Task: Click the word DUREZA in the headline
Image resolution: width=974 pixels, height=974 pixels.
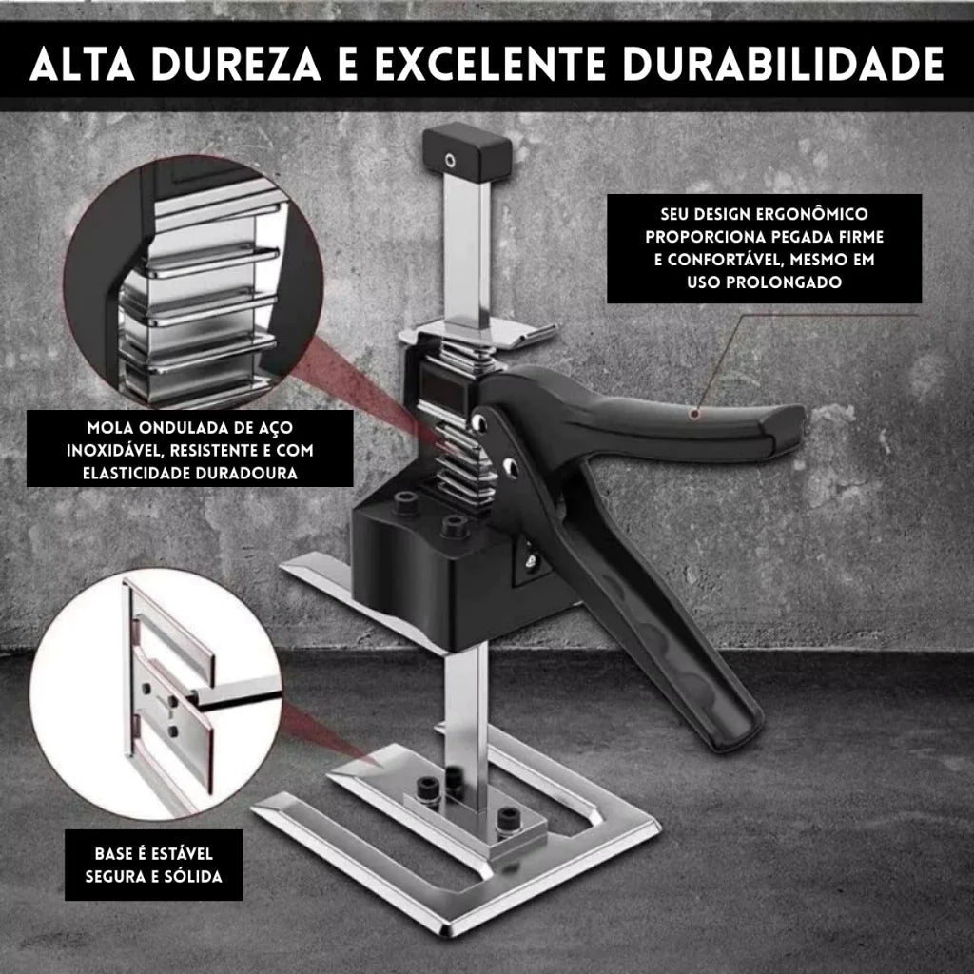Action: [x=236, y=64]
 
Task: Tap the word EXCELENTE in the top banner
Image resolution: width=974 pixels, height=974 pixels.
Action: [x=490, y=64]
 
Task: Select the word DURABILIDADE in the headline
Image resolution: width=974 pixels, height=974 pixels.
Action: [x=784, y=64]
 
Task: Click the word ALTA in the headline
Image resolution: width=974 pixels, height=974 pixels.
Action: [x=82, y=64]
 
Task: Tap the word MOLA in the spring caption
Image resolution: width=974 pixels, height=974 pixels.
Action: [x=110, y=428]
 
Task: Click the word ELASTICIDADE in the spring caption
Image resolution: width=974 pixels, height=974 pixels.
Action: [x=137, y=474]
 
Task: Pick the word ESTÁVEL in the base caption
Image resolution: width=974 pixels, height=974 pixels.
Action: [x=182, y=854]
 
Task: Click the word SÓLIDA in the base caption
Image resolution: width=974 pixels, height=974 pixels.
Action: [x=192, y=876]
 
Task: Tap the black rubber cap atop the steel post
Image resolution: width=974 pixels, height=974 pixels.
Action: [x=466, y=152]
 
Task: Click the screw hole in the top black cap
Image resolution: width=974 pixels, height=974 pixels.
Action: [x=450, y=162]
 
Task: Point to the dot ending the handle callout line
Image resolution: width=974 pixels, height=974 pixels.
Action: [x=695, y=413]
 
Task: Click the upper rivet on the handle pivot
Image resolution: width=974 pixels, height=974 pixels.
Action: [x=479, y=422]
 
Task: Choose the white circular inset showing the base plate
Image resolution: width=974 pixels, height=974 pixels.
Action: [x=156, y=693]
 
